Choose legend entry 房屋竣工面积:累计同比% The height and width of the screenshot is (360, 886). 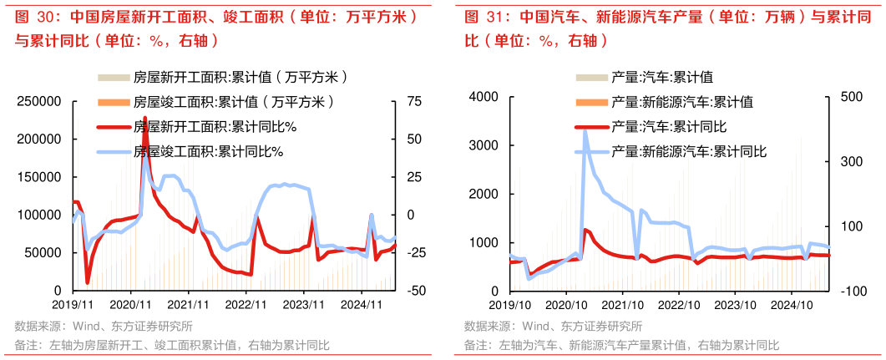(209, 152)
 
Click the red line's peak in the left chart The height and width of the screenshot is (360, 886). (145, 119)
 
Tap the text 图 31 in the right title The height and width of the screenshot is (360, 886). (481, 17)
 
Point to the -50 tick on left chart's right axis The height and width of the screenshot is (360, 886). (415, 291)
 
